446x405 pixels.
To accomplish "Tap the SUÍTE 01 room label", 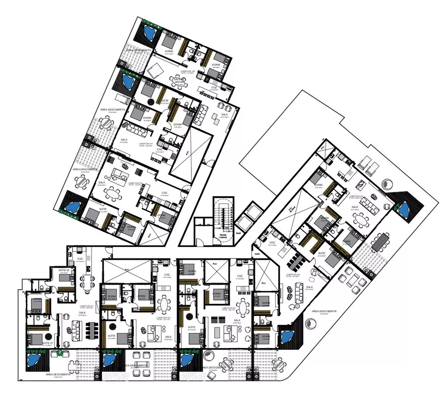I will (48, 343).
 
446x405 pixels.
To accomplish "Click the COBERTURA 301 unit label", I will (86, 307).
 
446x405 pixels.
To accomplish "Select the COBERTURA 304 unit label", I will (295, 275).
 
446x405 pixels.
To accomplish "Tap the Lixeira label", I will (257, 254).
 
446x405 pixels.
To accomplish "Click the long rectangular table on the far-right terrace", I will (380, 243).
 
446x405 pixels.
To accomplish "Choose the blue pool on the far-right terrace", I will (404, 208).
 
